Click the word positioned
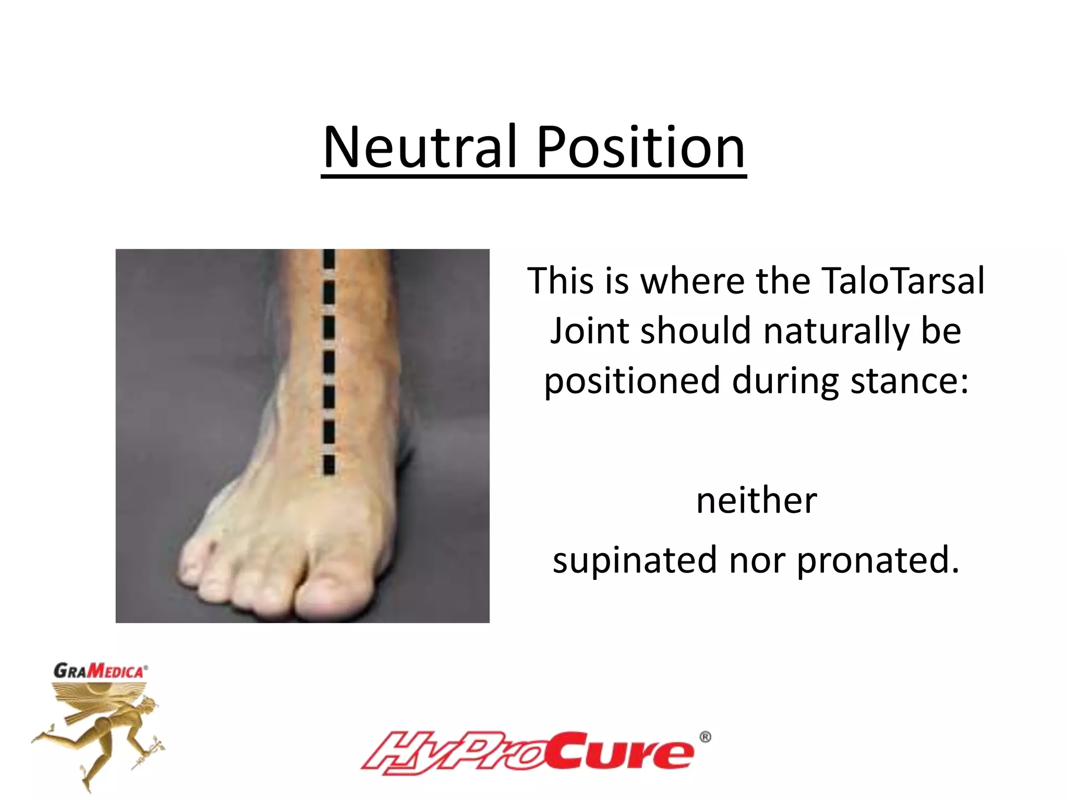[632, 381]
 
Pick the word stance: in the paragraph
[909, 381]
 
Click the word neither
[756, 500]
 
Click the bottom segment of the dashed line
[329, 464]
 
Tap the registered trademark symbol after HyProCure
[705, 737]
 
